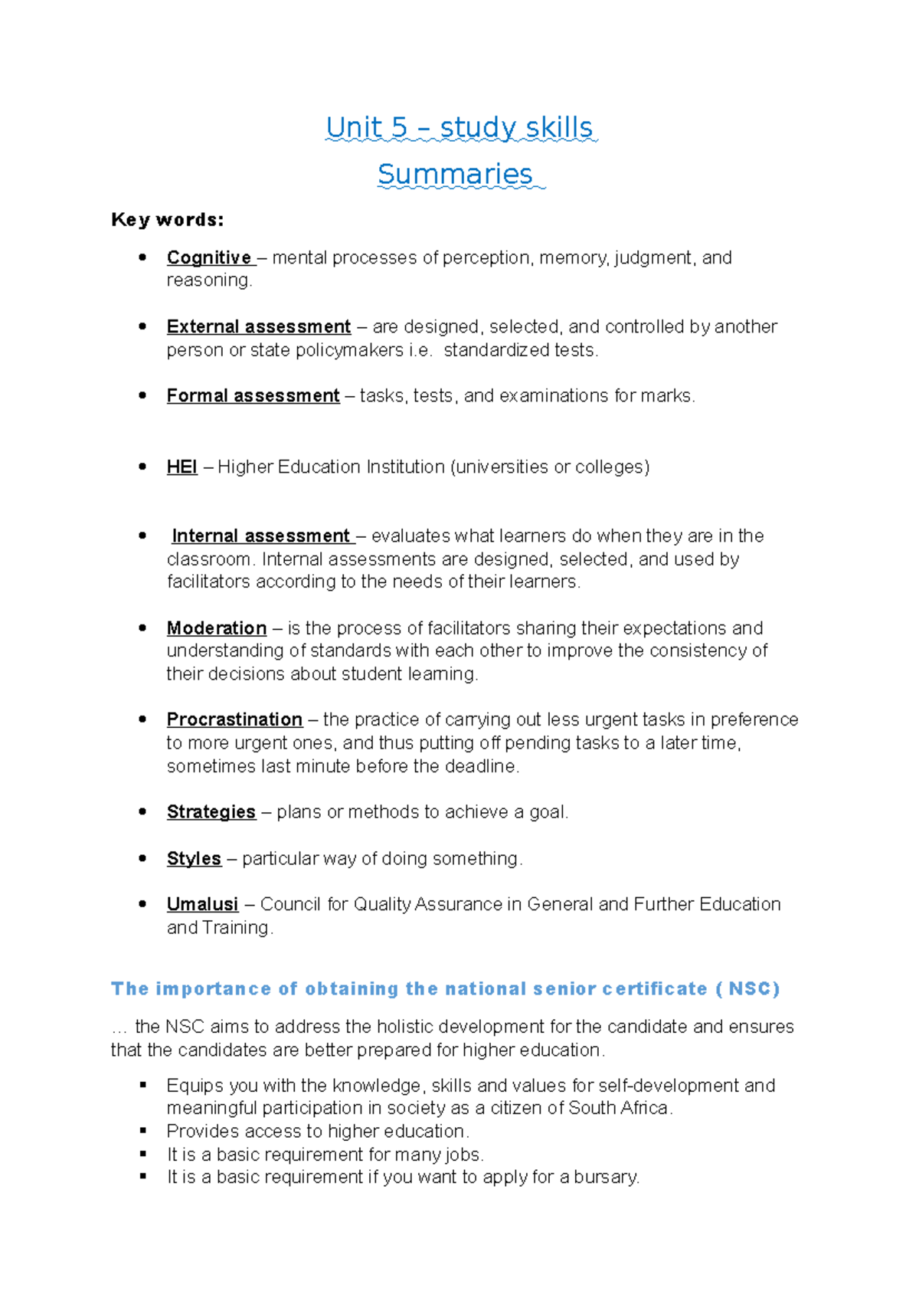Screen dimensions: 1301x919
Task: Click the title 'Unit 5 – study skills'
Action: (459, 127)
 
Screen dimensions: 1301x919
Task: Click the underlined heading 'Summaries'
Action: (455, 174)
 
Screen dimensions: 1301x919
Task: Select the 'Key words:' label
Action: (167, 220)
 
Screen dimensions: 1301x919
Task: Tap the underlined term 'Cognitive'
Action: (209, 257)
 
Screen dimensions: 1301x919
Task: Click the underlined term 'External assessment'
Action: (258, 326)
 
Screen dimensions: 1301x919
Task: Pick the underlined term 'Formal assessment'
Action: (253, 395)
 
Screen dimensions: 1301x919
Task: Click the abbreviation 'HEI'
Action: (182, 467)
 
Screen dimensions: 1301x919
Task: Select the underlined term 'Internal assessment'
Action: (260, 536)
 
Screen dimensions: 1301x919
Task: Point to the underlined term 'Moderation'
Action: (217, 628)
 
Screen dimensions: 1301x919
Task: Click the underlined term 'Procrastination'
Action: (234, 719)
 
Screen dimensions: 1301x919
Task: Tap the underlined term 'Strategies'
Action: (211, 812)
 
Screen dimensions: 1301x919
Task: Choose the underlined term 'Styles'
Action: (194, 858)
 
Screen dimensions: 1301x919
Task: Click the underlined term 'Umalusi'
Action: (202, 904)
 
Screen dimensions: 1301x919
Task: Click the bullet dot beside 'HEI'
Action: (142, 467)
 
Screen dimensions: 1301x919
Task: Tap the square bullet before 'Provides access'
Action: (142, 1131)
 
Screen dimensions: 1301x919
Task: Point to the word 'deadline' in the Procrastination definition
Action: (480, 766)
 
